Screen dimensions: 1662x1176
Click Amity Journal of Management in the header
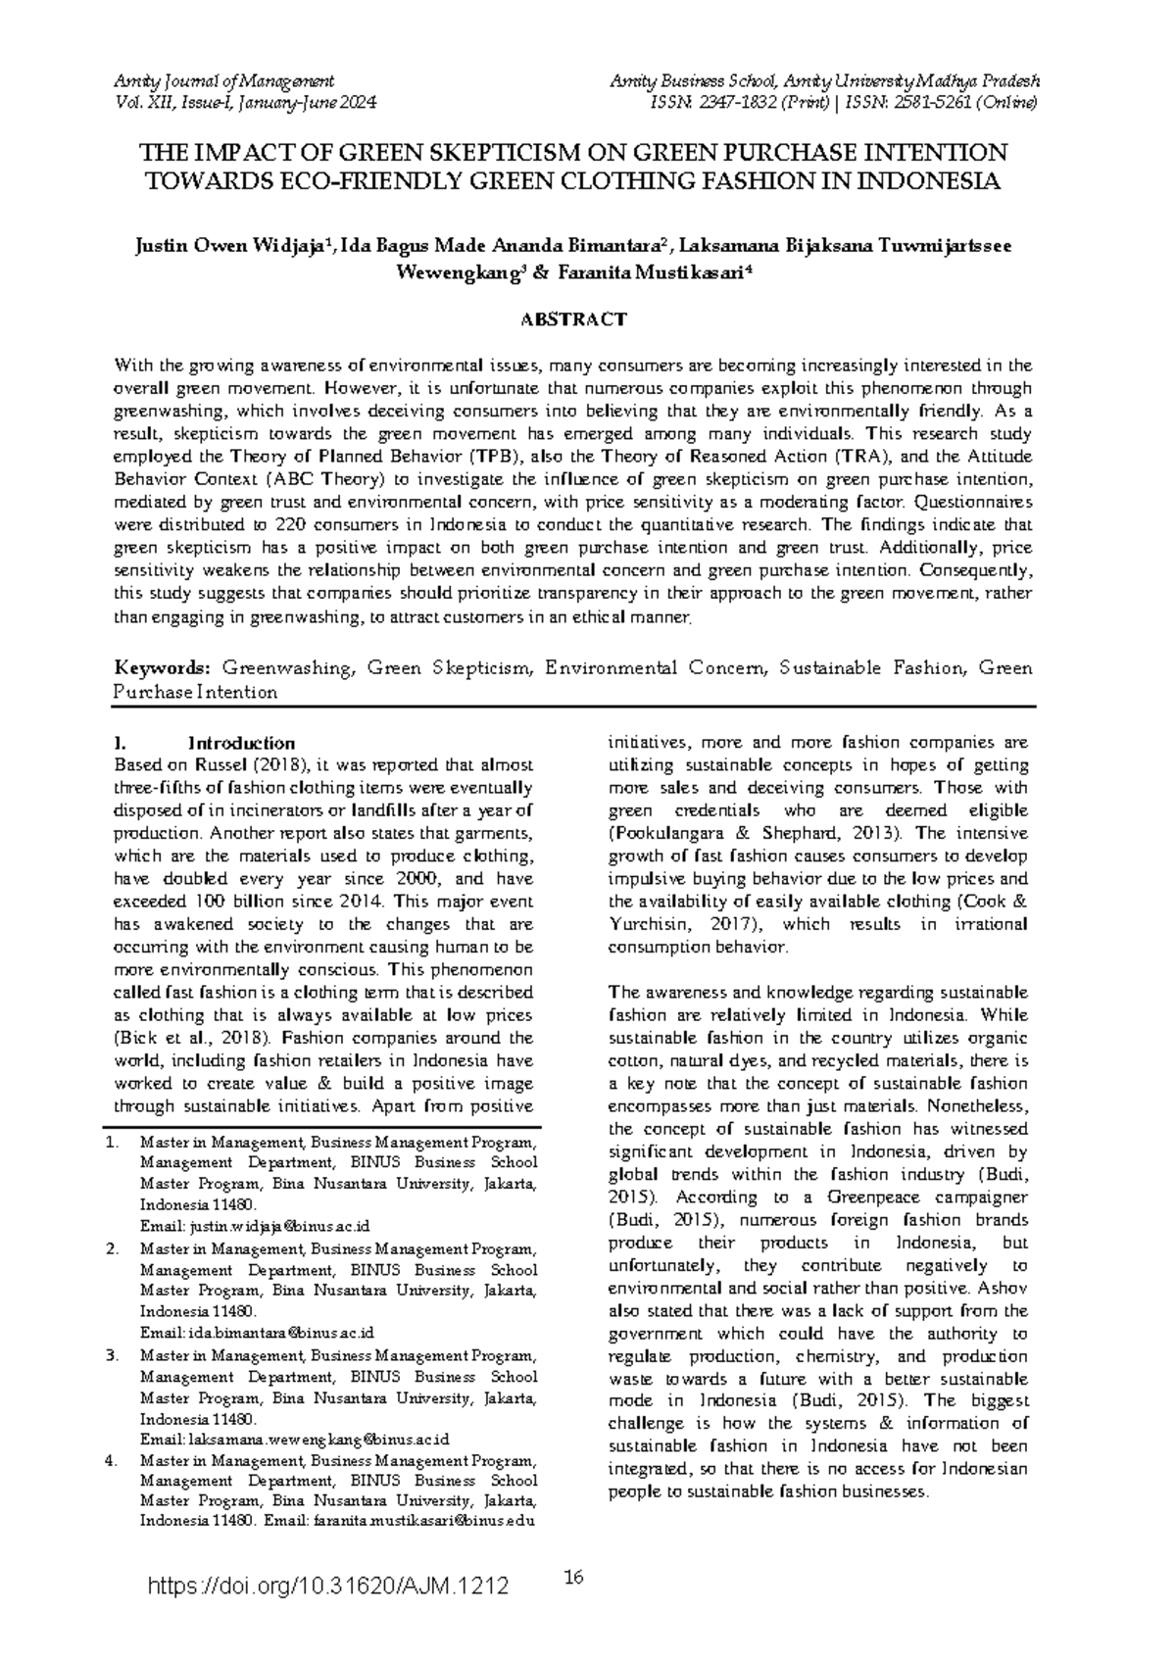point(224,80)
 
